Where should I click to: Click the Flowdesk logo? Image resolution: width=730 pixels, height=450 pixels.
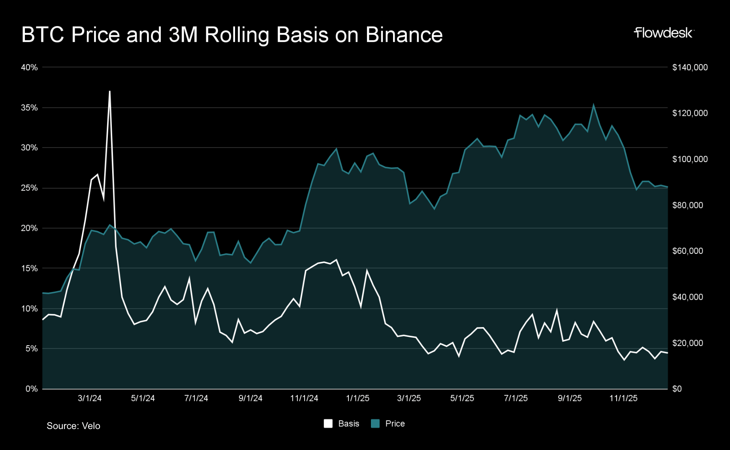[663, 33]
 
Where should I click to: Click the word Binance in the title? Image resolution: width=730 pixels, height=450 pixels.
[404, 35]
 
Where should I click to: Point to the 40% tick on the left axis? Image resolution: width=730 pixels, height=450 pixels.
[29, 68]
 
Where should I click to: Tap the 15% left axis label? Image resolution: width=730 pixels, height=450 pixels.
[29, 268]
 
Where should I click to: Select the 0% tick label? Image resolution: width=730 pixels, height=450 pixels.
[32, 389]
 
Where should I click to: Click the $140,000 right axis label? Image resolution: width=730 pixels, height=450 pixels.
[690, 68]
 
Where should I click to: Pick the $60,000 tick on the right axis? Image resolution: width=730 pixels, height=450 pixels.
[687, 251]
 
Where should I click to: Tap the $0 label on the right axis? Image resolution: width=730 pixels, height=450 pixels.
[677, 389]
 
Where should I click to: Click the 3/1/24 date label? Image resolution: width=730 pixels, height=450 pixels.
[90, 399]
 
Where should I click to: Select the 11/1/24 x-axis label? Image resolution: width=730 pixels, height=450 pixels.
[304, 399]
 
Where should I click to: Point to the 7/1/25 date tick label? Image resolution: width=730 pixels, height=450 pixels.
[516, 399]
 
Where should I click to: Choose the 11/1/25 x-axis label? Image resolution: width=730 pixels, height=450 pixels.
[623, 399]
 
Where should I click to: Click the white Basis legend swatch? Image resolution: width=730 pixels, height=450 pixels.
[328, 424]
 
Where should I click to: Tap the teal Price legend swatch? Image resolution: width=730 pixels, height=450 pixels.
[375, 424]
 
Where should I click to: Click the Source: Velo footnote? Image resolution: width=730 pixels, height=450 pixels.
[73, 426]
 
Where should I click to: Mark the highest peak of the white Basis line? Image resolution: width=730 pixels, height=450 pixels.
[109, 91]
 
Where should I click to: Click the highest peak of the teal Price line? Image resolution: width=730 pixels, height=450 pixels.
[593, 105]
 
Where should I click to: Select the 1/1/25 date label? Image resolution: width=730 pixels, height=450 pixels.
[357, 399]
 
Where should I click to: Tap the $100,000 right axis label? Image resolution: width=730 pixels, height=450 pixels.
[690, 159]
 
